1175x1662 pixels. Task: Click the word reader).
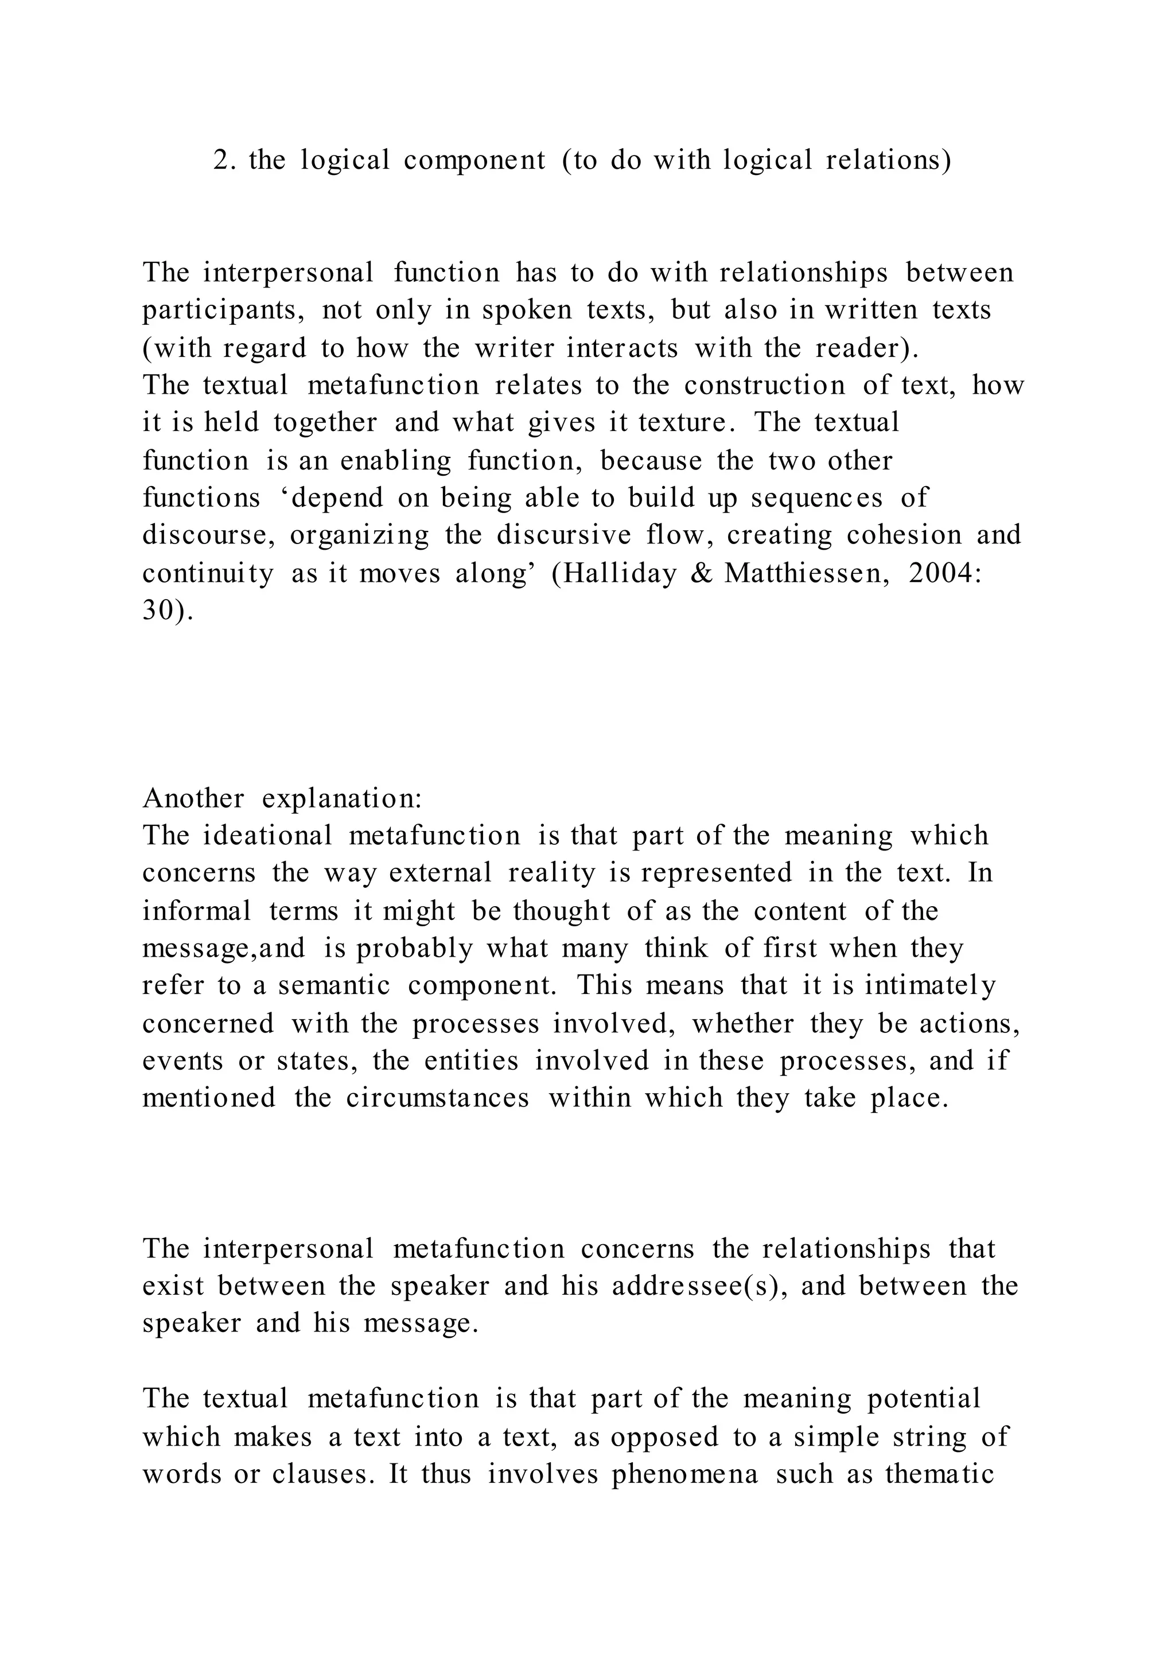click(x=867, y=348)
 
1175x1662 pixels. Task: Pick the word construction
click(x=765, y=385)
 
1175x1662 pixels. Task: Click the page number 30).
click(x=168, y=611)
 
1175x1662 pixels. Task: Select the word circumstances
click(x=438, y=1098)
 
